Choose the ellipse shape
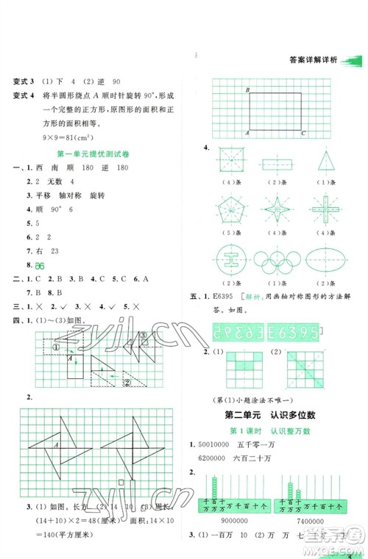pos(321,257)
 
